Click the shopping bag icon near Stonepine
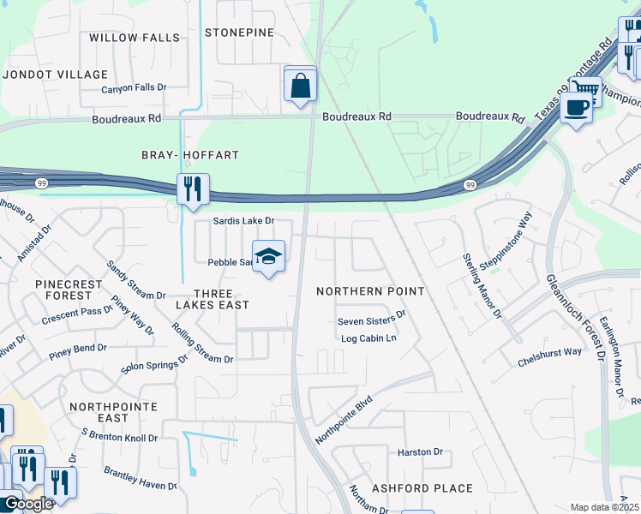point(300,85)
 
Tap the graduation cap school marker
point(268,257)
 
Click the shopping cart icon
point(585,89)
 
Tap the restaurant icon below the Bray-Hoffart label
point(193,188)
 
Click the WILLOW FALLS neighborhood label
point(135,38)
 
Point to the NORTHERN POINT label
point(370,291)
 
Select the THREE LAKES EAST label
point(213,298)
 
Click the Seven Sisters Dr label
point(371,322)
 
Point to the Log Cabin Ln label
point(368,338)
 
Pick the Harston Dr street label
point(419,451)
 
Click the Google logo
point(27,504)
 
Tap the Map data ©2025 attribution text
point(603,507)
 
